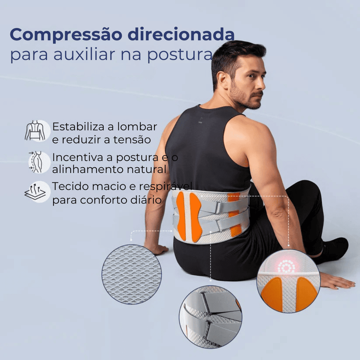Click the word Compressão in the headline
[66, 35]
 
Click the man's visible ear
[222, 80]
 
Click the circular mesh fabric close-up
[131, 274]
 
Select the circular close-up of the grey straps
[211, 317]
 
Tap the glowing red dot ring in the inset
[287, 266]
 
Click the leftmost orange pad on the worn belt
[181, 216]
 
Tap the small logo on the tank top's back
[200, 121]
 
